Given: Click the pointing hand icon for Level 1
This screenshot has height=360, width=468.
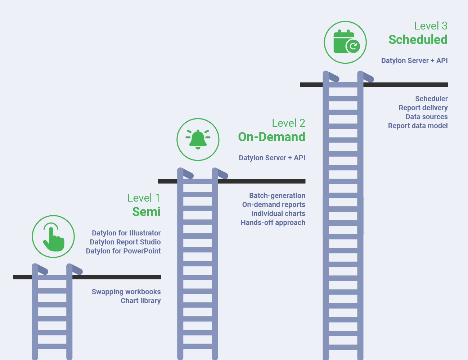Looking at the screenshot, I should click(53, 237).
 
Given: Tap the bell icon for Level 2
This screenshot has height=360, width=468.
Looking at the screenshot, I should click(198, 139).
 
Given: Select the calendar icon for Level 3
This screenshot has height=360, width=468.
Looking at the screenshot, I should click(345, 42).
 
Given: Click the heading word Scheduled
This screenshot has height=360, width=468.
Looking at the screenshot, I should click(418, 40).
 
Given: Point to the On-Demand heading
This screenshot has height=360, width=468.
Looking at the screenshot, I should click(271, 137).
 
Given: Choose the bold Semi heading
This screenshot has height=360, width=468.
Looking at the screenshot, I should click(146, 212).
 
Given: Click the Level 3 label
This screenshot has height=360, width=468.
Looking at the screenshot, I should click(431, 26).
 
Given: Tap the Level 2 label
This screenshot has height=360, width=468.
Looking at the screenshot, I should click(288, 123).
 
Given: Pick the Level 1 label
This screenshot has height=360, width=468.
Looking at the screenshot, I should click(143, 198).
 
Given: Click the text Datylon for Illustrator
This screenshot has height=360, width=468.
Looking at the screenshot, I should click(126, 233).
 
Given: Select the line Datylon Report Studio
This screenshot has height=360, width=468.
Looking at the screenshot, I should click(125, 242).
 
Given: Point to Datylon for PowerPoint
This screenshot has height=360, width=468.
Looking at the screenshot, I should click(123, 251).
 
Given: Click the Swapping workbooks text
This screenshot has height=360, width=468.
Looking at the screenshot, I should click(126, 292).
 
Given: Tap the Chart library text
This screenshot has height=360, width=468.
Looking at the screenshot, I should click(140, 301).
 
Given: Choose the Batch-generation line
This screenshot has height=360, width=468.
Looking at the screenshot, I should click(277, 195).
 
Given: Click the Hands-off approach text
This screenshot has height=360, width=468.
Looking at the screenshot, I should click(273, 222).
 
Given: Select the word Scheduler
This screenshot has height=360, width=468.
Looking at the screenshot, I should click(431, 99).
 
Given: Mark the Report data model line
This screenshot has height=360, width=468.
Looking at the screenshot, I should click(418, 126).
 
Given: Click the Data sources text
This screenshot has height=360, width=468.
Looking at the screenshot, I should click(426, 117).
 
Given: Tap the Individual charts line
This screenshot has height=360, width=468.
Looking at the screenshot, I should click(278, 213).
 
